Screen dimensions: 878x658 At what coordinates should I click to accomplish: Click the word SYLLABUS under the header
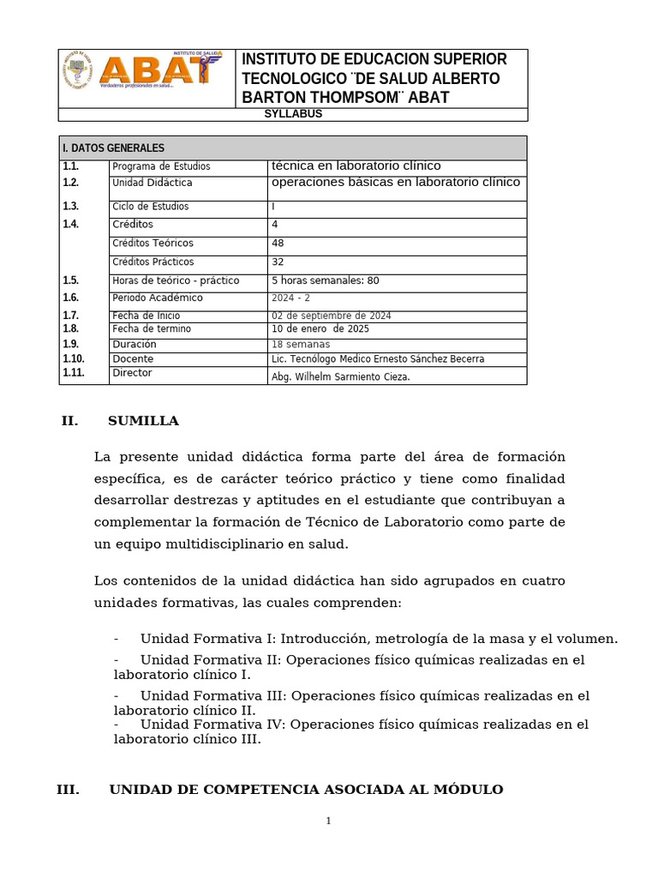(x=292, y=114)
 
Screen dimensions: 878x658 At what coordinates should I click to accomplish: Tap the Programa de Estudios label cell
(x=161, y=166)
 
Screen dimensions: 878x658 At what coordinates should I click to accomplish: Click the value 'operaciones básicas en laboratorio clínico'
(x=395, y=183)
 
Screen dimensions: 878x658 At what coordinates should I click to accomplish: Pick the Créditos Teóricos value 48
(x=278, y=244)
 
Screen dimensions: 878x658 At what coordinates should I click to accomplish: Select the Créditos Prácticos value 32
(x=278, y=262)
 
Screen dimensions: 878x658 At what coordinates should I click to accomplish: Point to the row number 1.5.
(x=70, y=281)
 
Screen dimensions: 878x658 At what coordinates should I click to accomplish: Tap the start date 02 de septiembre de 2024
(x=331, y=316)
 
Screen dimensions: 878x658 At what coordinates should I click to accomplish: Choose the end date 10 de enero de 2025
(x=320, y=329)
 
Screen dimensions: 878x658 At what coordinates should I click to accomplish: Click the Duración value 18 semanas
(x=301, y=345)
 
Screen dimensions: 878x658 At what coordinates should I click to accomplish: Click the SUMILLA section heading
(x=143, y=421)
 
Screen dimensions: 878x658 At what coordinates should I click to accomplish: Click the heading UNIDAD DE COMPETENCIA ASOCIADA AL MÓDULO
(x=306, y=790)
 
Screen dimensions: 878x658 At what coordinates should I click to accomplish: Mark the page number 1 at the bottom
(x=328, y=821)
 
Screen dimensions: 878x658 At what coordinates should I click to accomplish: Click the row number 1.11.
(x=73, y=374)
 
